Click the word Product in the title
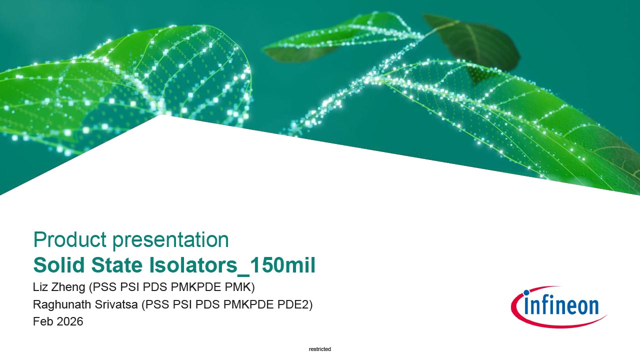pyautogui.click(x=70, y=239)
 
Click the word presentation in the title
pyautogui.click(x=170, y=240)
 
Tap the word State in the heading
pyautogui.click(x=117, y=265)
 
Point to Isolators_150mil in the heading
pyautogui.click(x=232, y=265)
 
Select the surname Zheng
pyautogui.click(x=68, y=287)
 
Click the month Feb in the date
pyautogui.click(x=43, y=321)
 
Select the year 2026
pyautogui.click(x=70, y=321)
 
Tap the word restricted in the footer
pyautogui.click(x=320, y=349)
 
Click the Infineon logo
pyautogui.click(x=558, y=307)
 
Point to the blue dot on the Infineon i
pyautogui.click(x=526, y=292)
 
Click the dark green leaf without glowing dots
pyautogui.click(x=474, y=43)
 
